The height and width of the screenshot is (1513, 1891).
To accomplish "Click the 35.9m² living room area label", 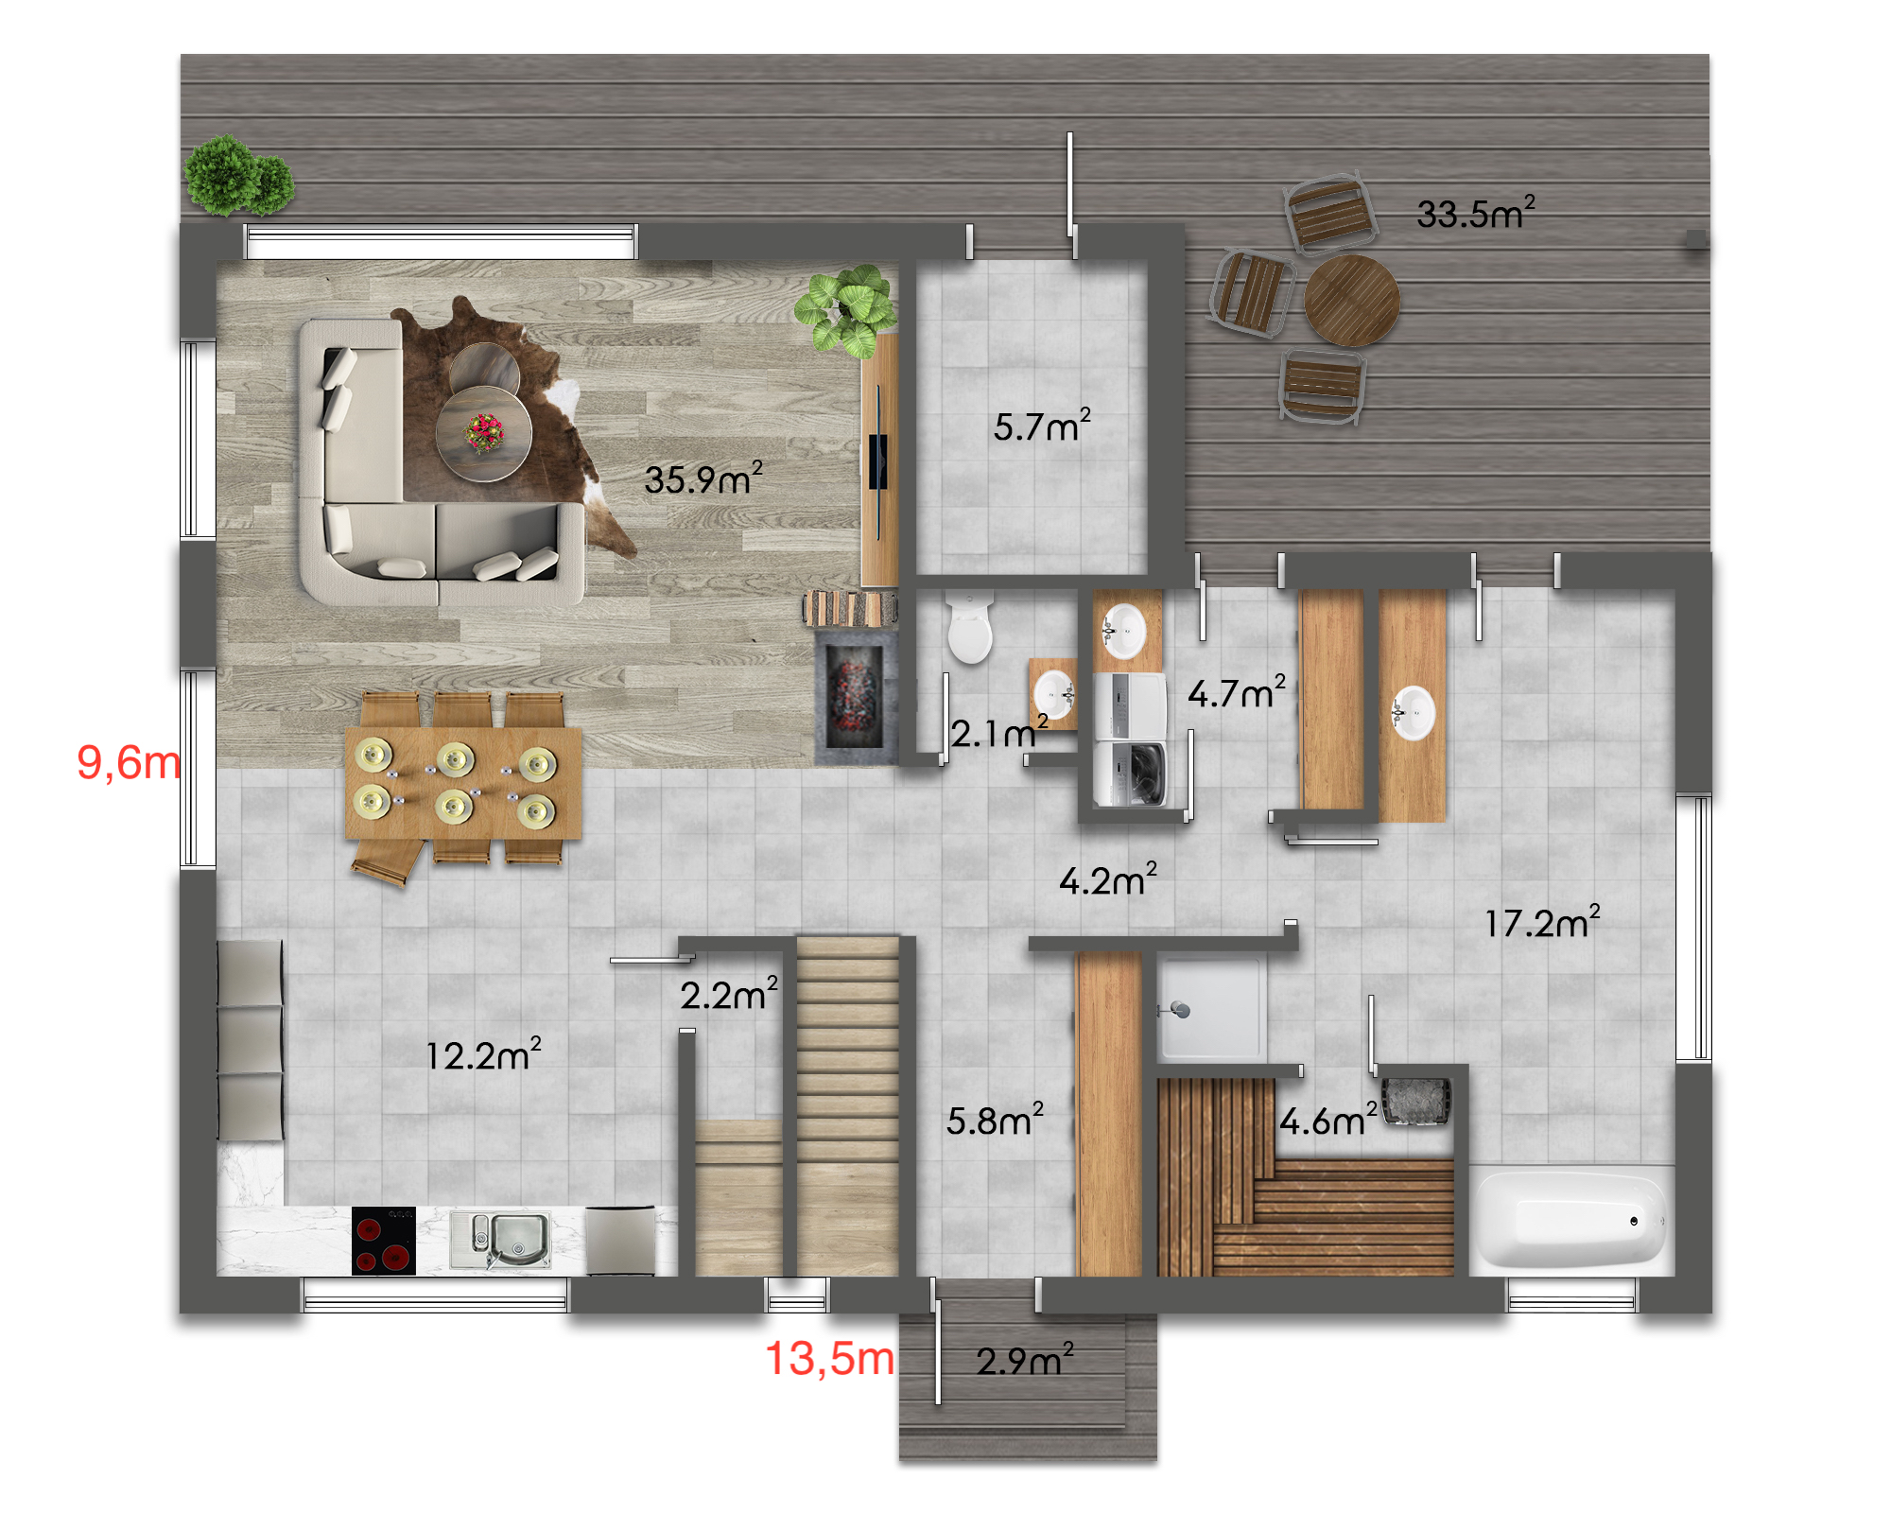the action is [703, 478].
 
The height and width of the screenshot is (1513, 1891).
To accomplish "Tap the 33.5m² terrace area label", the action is [1476, 213].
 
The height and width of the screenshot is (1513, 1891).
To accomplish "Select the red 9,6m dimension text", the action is [128, 762].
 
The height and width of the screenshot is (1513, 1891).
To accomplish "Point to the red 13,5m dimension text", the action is [829, 1359].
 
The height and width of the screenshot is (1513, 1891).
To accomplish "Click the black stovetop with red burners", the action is [384, 1241].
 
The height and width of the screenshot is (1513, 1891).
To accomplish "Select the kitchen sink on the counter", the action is [501, 1239].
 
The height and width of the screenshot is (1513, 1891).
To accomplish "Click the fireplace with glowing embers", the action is [855, 696].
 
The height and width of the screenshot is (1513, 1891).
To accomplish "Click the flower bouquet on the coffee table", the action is [484, 432].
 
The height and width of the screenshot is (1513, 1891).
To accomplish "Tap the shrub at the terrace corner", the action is [238, 176].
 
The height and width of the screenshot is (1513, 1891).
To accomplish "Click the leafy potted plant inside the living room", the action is [846, 309].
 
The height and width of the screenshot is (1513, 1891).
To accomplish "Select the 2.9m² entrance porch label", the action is [1025, 1360].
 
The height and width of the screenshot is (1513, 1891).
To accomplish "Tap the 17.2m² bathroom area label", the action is [1542, 922].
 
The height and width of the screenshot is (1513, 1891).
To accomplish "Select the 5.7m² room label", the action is [1042, 426].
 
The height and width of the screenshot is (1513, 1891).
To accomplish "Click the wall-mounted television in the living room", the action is [878, 461].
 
